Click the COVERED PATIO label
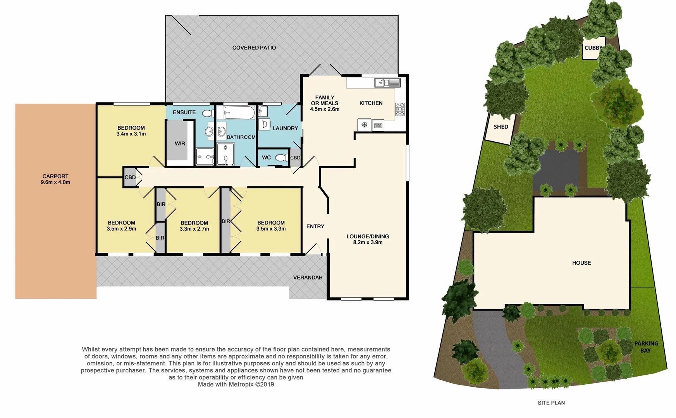tap(254, 48)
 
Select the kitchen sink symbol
tap(387, 82)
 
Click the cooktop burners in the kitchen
tap(400, 110)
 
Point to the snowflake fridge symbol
tap(364, 125)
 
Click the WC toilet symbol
tap(282, 158)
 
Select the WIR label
tap(180, 143)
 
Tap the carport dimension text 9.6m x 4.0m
tap(55, 182)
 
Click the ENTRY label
tap(315, 226)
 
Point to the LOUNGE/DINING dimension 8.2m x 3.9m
tap(368, 243)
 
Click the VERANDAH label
tap(308, 278)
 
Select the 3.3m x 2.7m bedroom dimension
tap(194, 229)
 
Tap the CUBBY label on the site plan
tap(593, 48)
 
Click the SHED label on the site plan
tap(501, 127)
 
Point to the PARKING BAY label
tap(646, 347)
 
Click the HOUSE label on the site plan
tap(581, 263)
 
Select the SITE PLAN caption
tap(551, 403)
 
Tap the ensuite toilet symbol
tap(208, 113)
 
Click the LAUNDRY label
tap(285, 128)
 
